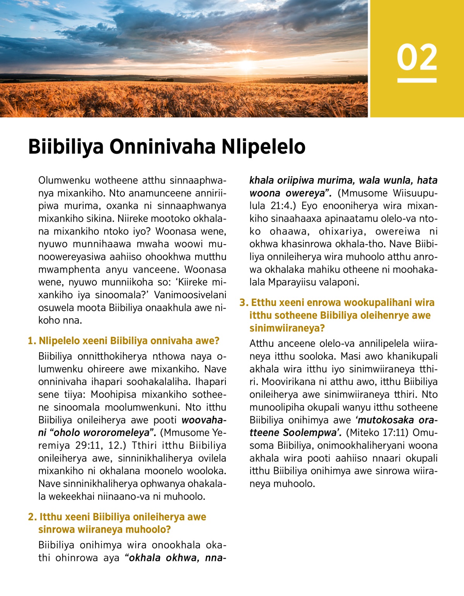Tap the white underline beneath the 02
417,80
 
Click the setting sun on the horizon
246,65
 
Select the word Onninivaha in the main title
162,147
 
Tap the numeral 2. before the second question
32,517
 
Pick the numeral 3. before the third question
244,302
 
